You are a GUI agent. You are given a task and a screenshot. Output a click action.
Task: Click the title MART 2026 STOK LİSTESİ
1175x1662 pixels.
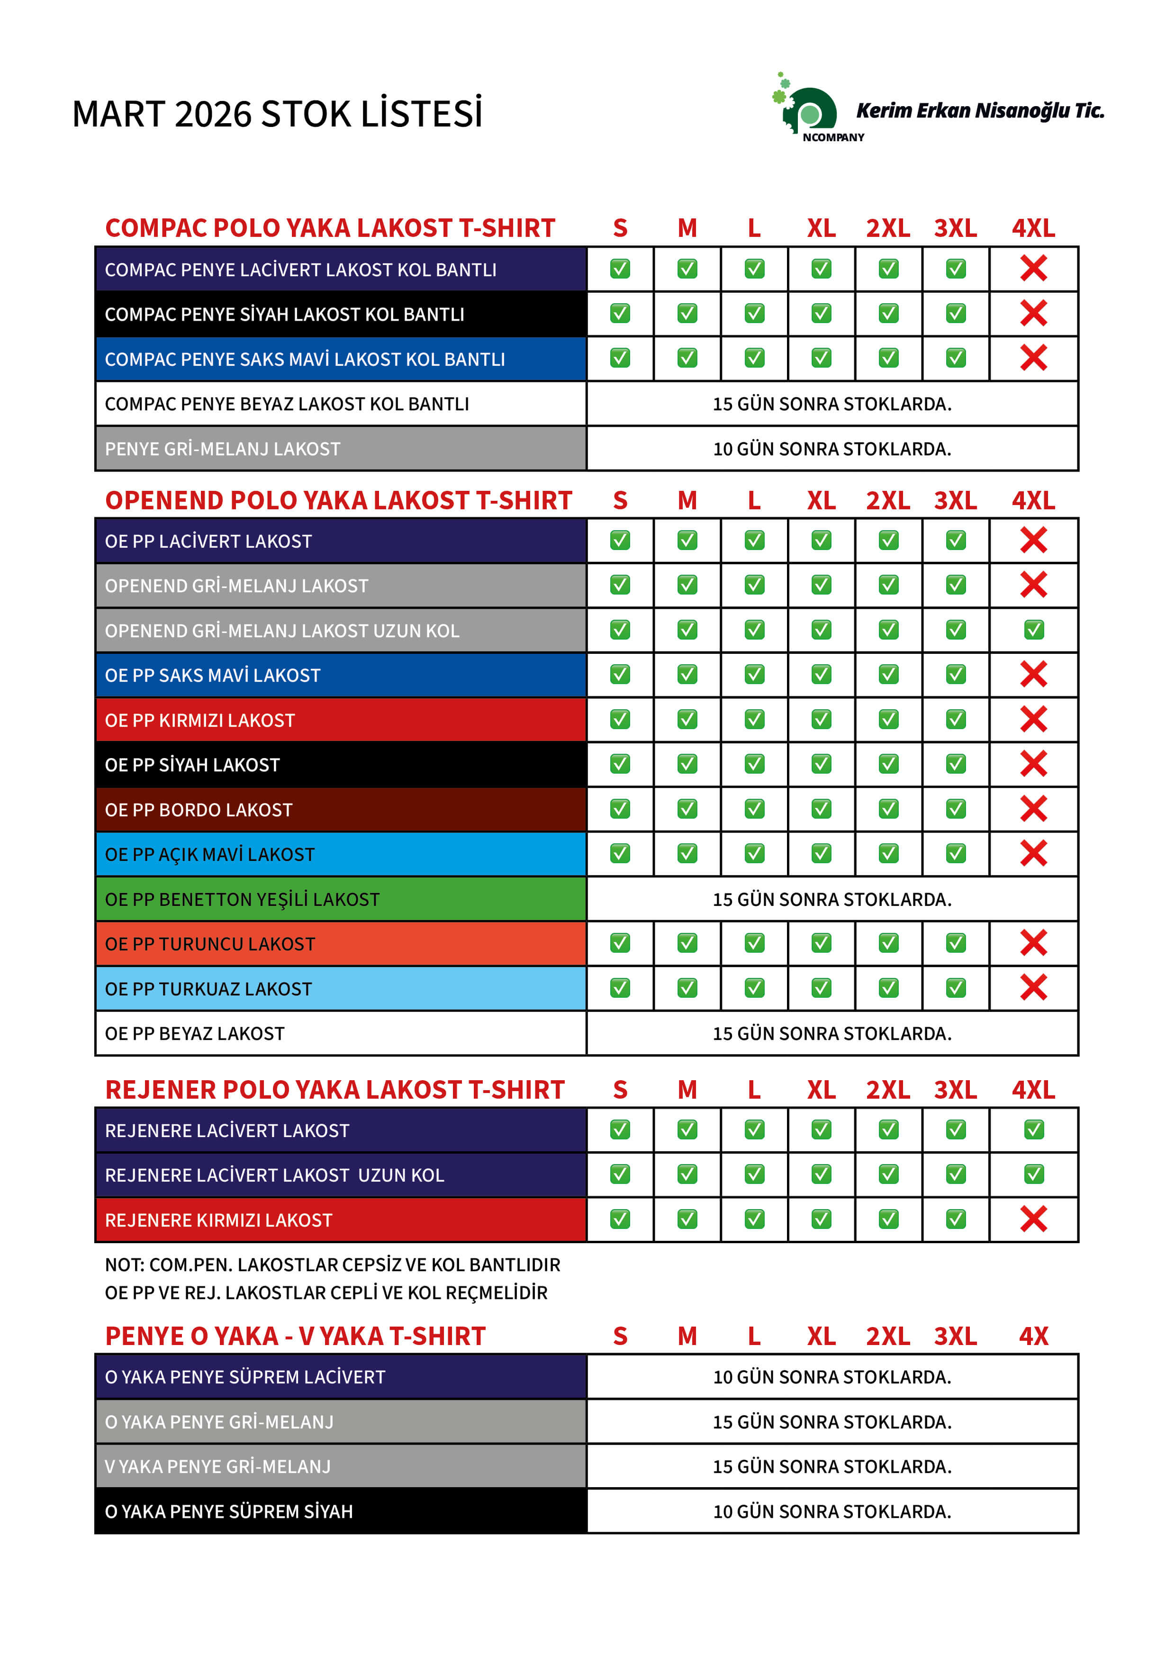point(277,114)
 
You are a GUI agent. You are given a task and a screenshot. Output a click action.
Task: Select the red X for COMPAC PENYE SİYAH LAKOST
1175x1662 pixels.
point(1033,314)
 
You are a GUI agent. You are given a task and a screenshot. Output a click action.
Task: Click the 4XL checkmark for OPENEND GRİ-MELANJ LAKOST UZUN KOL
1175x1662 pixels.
point(1033,630)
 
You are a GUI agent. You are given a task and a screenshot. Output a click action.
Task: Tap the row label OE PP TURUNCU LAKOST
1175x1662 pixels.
point(210,944)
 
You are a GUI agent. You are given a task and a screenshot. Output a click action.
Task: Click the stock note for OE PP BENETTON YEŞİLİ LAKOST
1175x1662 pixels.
point(832,899)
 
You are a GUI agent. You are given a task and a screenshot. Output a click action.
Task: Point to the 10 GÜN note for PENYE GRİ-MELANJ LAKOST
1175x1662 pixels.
point(832,449)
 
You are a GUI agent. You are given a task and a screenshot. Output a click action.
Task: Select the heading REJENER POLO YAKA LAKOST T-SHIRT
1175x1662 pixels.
point(334,1089)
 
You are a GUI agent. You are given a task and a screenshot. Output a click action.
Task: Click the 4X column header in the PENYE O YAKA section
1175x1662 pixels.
point(1033,1336)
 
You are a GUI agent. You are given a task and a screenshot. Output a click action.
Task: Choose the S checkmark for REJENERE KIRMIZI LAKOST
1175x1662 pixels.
point(620,1219)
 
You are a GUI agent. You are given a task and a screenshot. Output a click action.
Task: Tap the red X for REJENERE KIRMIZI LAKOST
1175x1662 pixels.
point(1033,1219)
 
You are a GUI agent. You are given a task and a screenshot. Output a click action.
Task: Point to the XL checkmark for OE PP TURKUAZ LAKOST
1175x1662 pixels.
point(821,988)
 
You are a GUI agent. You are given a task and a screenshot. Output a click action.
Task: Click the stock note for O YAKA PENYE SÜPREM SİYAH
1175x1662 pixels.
point(832,1511)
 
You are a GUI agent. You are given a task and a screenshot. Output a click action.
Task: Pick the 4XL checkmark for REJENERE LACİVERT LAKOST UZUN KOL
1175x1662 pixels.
point(1033,1174)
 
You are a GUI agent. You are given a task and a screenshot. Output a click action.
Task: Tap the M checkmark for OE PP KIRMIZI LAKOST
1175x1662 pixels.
point(687,720)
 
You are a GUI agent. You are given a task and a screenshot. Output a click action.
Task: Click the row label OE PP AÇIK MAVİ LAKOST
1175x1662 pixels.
point(210,855)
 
